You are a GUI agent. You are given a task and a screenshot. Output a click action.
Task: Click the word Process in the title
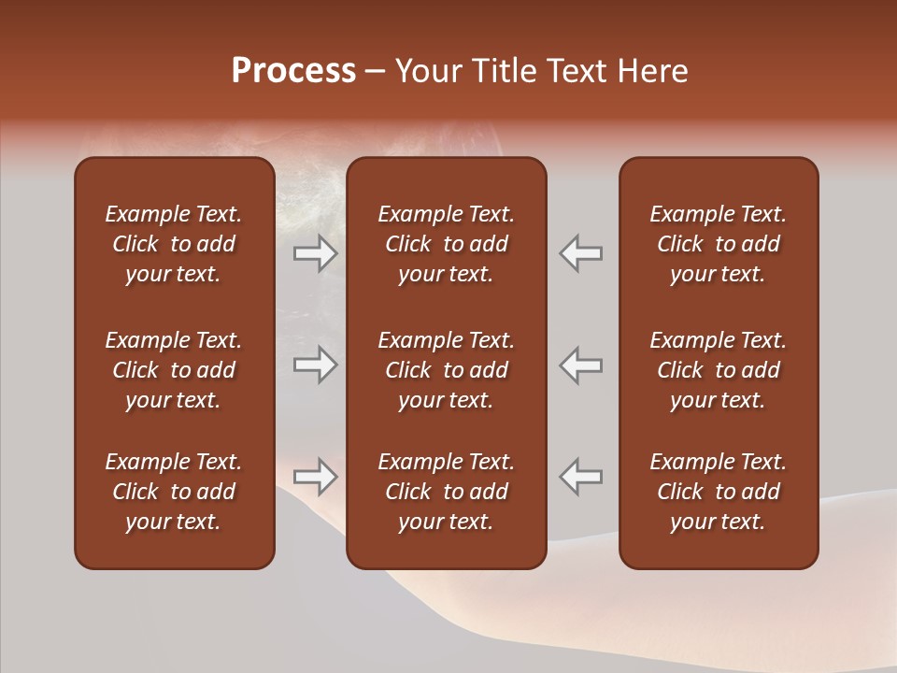293,71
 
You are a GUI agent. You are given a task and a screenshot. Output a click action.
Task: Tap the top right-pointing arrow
316,253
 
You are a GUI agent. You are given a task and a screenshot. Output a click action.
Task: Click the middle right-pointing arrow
316,365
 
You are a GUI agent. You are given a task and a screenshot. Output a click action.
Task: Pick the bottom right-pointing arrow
316,477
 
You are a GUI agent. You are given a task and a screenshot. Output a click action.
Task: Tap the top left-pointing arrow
581,253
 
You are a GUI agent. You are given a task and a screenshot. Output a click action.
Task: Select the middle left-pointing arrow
581,365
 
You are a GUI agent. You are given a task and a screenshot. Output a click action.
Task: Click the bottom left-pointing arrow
581,477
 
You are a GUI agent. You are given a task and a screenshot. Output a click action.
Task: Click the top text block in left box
174,244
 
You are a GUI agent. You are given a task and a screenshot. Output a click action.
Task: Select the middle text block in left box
174,370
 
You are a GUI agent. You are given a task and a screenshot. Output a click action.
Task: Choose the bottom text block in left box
174,492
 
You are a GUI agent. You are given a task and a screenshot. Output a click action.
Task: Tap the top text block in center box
446,244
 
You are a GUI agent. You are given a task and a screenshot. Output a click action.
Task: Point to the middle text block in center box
446,370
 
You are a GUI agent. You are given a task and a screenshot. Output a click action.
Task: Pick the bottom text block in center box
446,492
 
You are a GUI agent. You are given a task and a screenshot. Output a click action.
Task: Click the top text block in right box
718,244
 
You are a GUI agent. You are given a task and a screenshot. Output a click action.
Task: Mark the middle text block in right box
718,370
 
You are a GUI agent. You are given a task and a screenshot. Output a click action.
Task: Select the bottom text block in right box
718,492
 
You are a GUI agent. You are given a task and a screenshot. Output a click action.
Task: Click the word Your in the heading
426,71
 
